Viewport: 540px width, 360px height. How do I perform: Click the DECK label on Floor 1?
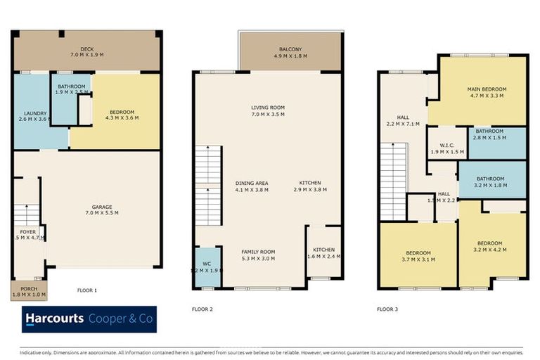(x=87, y=49)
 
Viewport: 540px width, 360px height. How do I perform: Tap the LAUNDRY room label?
(x=35, y=113)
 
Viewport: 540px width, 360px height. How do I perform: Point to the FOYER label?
(x=27, y=231)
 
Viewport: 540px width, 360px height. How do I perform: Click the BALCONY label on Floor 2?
(x=290, y=49)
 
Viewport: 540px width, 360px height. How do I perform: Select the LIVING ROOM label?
(x=268, y=108)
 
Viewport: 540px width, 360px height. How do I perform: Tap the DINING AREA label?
(x=252, y=183)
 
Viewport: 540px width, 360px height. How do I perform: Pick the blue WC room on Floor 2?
(x=207, y=266)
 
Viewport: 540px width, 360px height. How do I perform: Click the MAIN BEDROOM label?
(x=487, y=89)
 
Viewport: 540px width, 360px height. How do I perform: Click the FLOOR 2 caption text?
(x=202, y=309)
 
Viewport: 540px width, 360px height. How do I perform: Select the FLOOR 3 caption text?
(x=387, y=309)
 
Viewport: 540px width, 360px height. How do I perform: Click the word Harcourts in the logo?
(x=55, y=319)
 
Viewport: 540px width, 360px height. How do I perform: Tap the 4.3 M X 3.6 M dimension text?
(x=122, y=117)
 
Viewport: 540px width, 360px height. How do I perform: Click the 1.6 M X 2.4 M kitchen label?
(x=323, y=257)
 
